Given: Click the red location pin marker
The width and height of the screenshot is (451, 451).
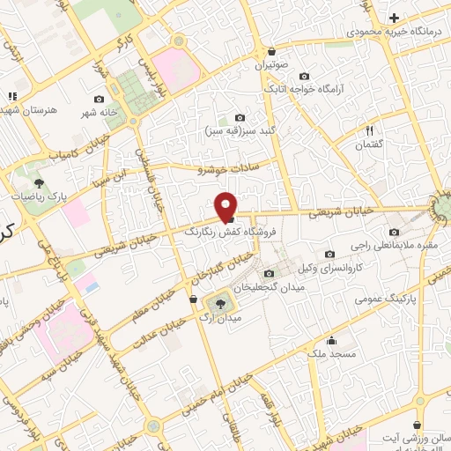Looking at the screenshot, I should [x=227, y=206].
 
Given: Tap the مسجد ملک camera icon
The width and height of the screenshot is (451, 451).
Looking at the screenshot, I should [x=332, y=341].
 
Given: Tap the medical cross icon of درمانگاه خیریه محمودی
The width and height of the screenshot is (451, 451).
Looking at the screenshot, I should [x=394, y=18].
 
